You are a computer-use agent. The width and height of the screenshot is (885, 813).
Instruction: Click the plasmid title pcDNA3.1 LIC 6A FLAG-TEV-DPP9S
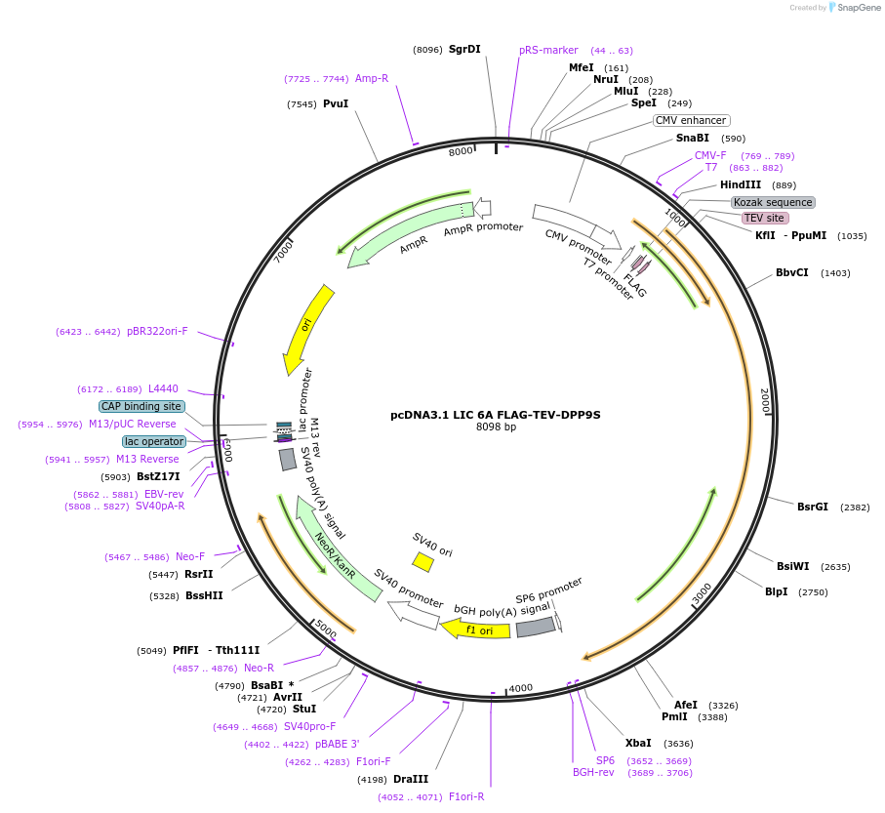(x=495, y=415)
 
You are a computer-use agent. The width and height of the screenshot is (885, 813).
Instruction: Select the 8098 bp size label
(x=496, y=427)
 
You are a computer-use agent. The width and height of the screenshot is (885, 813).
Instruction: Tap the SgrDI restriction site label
(x=464, y=49)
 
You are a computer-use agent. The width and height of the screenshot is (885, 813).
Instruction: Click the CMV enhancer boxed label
(x=691, y=120)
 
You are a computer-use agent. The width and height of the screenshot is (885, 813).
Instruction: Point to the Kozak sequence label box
(x=773, y=202)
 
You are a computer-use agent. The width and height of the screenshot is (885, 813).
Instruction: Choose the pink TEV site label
(x=763, y=218)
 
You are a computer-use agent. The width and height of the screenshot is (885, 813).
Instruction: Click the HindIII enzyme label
(x=741, y=184)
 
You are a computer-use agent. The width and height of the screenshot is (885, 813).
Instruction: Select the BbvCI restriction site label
(x=791, y=272)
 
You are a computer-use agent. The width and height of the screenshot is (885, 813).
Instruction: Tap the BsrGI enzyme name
(x=812, y=507)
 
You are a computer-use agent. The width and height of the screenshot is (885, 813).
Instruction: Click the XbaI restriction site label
(x=638, y=743)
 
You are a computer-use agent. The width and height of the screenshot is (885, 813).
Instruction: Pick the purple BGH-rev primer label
(x=593, y=773)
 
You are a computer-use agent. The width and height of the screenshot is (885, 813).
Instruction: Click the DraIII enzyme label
(x=411, y=779)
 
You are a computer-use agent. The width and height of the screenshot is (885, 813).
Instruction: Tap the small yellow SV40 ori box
(x=422, y=562)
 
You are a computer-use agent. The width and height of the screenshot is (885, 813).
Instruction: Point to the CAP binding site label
(x=141, y=406)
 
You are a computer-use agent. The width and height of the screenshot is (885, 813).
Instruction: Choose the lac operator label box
(x=154, y=441)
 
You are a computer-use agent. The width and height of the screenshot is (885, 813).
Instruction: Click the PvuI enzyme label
(x=336, y=103)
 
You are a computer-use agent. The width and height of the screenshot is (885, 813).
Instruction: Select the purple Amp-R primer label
(x=371, y=78)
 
